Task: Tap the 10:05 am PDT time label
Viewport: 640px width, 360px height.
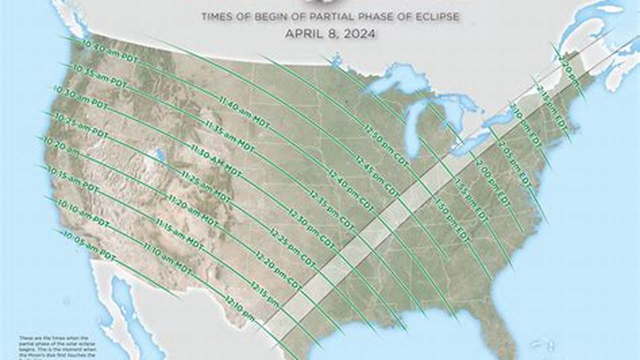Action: [x=87, y=245]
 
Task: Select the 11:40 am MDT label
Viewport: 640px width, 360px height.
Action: [x=244, y=109]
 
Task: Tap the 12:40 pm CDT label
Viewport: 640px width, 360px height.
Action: [x=350, y=188]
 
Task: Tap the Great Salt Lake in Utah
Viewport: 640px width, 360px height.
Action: [x=160, y=155]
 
